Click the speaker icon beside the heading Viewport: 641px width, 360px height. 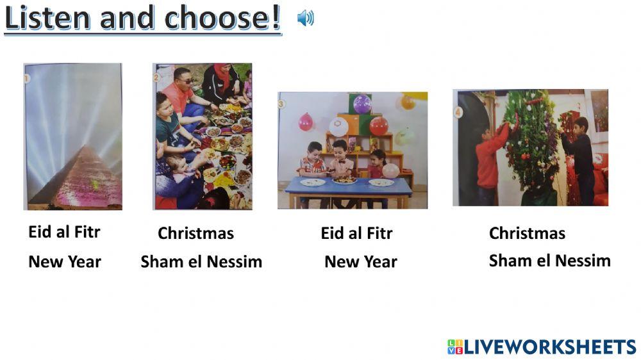click(x=305, y=19)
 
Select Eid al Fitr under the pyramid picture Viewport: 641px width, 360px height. click(x=64, y=232)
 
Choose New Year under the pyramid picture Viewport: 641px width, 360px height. click(x=65, y=261)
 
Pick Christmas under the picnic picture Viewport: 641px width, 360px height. click(x=196, y=234)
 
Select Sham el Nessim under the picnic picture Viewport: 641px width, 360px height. click(x=201, y=261)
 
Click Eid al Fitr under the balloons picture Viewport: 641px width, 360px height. click(x=356, y=234)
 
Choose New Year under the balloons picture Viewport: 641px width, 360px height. click(x=361, y=261)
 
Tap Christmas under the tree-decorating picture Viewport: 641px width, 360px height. click(x=527, y=233)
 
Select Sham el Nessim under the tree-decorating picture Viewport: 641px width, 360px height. click(x=549, y=261)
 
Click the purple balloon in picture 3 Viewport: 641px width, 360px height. click(x=362, y=104)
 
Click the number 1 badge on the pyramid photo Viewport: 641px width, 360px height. click(x=27, y=79)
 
